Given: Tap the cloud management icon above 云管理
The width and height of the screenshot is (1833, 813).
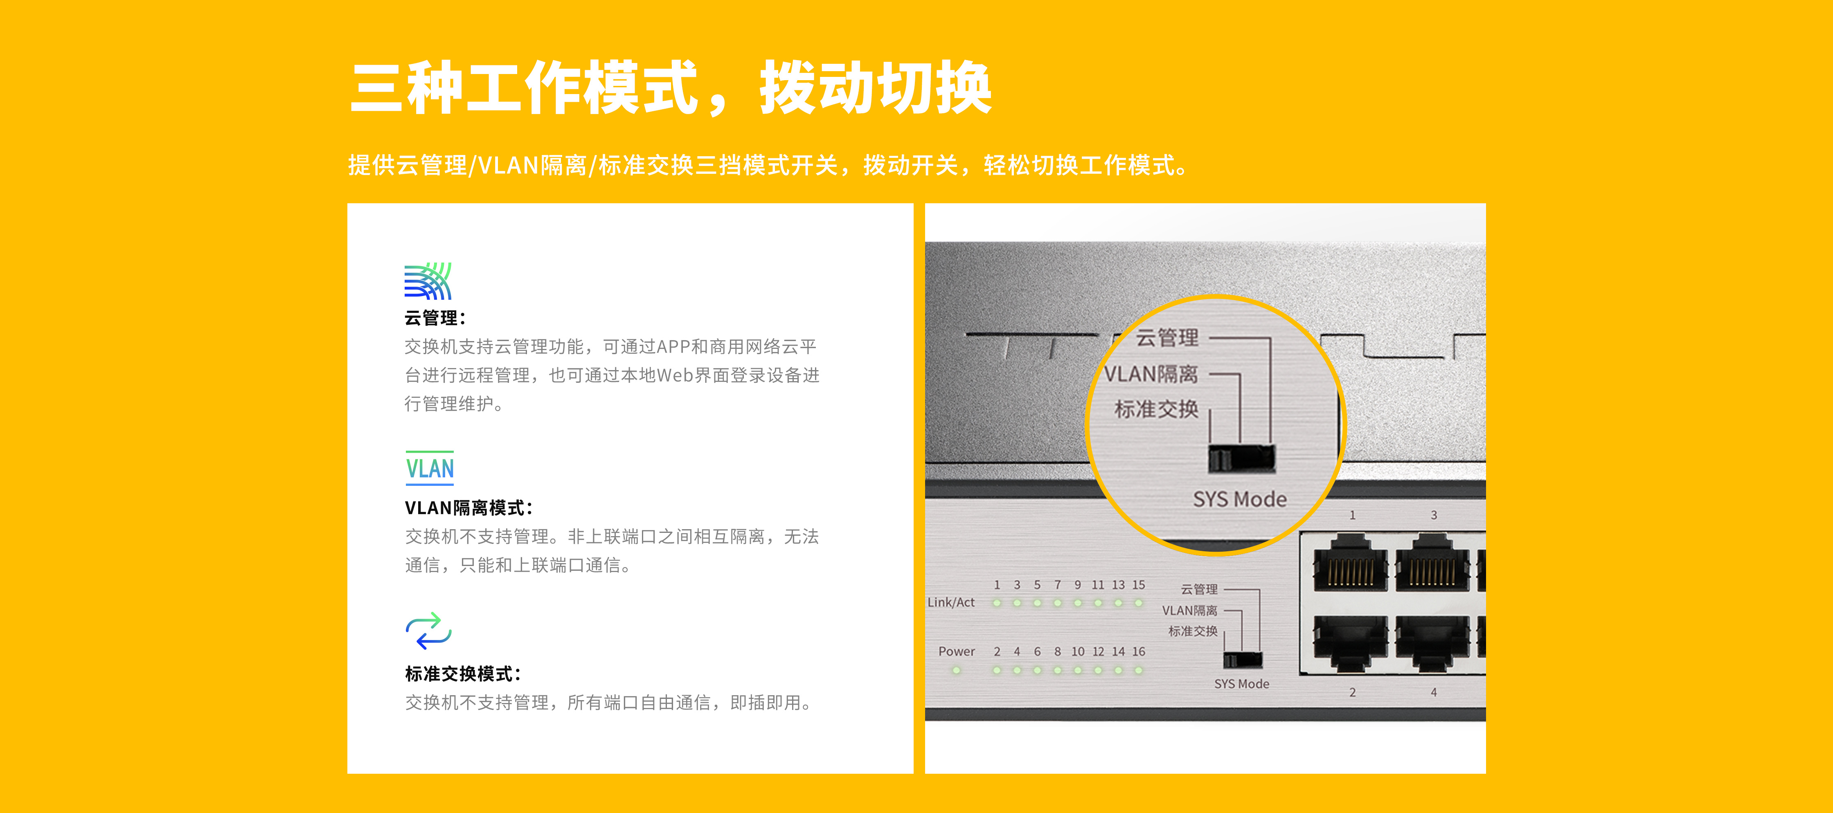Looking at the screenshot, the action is [x=428, y=281].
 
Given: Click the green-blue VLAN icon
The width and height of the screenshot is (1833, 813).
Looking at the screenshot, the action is [x=430, y=468].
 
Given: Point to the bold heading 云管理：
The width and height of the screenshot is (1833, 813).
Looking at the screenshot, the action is [x=435, y=318].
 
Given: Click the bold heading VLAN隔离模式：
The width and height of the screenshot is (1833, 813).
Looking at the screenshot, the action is [x=469, y=508].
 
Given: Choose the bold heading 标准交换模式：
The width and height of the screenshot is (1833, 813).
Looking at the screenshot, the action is [x=463, y=674].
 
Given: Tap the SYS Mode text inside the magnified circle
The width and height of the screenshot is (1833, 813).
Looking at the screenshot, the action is [x=1240, y=499].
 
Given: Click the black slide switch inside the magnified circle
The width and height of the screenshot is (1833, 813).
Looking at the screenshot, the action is [x=1242, y=459].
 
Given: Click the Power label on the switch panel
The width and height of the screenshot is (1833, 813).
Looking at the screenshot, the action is [x=956, y=651].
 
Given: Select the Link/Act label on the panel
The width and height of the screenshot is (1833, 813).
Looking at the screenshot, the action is [x=950, y=602].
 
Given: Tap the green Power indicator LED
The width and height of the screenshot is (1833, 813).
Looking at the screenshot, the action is [x=956, y=670].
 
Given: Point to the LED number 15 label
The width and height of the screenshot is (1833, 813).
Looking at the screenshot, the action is [x=1139, y=585].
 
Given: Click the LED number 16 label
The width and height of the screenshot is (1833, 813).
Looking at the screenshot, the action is [x=1139, y=651].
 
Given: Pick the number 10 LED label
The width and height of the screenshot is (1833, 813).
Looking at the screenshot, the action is [x=1078, y=651].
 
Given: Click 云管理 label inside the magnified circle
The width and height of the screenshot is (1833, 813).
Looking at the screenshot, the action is [x=1167, y=338].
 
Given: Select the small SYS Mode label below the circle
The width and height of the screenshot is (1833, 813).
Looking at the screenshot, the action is [x=1242, y=683].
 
